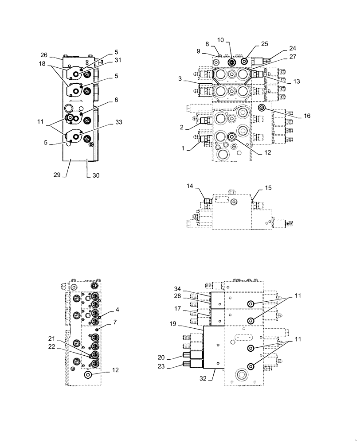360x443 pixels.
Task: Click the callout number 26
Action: point(43,55)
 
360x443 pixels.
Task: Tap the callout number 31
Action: point(106,61)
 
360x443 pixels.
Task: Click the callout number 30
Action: point(96,175)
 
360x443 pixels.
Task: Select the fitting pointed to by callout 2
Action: point(205,120)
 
